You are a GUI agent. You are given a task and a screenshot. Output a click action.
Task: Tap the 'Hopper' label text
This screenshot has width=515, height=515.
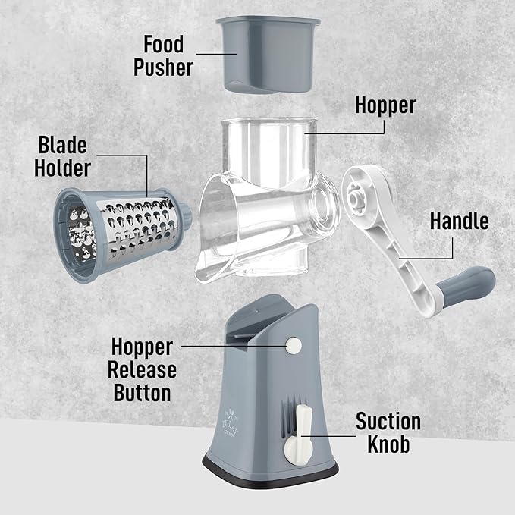tap(385, 105)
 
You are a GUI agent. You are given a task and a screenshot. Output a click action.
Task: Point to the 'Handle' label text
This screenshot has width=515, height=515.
tap(459, 221)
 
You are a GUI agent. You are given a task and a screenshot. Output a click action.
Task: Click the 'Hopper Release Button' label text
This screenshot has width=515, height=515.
tap(143, 370)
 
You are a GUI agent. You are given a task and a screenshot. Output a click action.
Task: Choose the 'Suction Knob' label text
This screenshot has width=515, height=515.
tap(389, 432)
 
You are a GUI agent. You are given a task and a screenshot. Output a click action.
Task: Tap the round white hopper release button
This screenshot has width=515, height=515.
tap(293, 347)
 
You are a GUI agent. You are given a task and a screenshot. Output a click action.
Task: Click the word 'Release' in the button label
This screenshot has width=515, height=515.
tap(143, 370)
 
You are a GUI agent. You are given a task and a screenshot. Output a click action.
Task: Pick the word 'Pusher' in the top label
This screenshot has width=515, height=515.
tap(164, 67)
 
